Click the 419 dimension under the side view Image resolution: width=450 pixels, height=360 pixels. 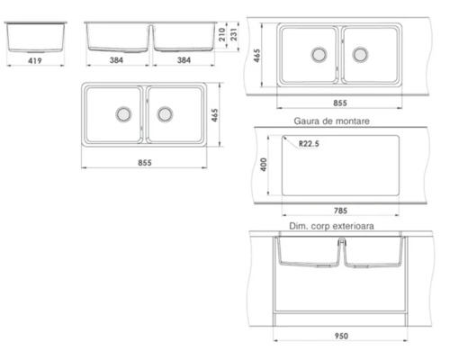pos(35,60)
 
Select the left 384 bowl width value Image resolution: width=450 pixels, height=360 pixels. pos(116,60)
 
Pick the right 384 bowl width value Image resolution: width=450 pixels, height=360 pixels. pos(184,60)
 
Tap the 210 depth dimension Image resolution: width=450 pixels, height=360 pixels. pos(221,34)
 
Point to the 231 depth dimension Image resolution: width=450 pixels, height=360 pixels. pos(234,34)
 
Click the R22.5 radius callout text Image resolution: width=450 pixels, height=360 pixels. pos(309,144)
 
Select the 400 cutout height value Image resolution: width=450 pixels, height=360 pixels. pos(264,165)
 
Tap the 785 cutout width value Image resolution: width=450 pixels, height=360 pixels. pos(340,211)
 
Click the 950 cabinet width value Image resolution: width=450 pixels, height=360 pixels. pos(341,336)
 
